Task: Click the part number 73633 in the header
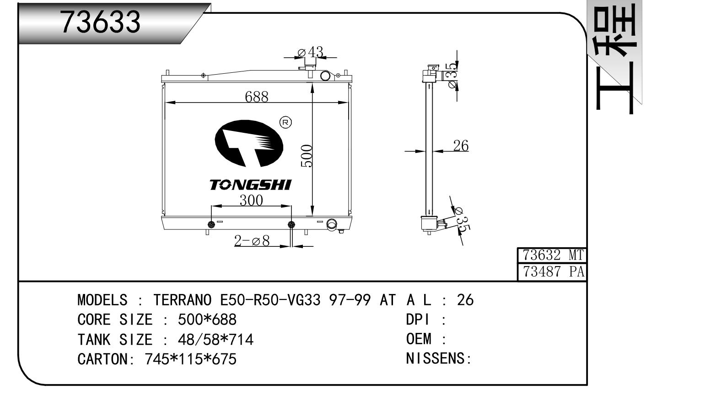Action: [x=100, y=22]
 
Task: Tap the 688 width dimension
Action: [x=256, y=97]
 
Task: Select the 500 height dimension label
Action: [x=307, y=156]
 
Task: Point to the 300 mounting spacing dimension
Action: [x=251, y=200]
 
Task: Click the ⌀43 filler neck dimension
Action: [x=310, y=52]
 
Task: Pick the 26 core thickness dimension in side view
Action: [x=461, y=146]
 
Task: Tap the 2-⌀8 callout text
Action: [x=252, y=241]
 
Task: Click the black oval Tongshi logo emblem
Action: [x=249, y=143]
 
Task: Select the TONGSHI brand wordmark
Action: [x=250, y=185]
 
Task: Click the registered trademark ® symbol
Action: [x=285, y=122]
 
